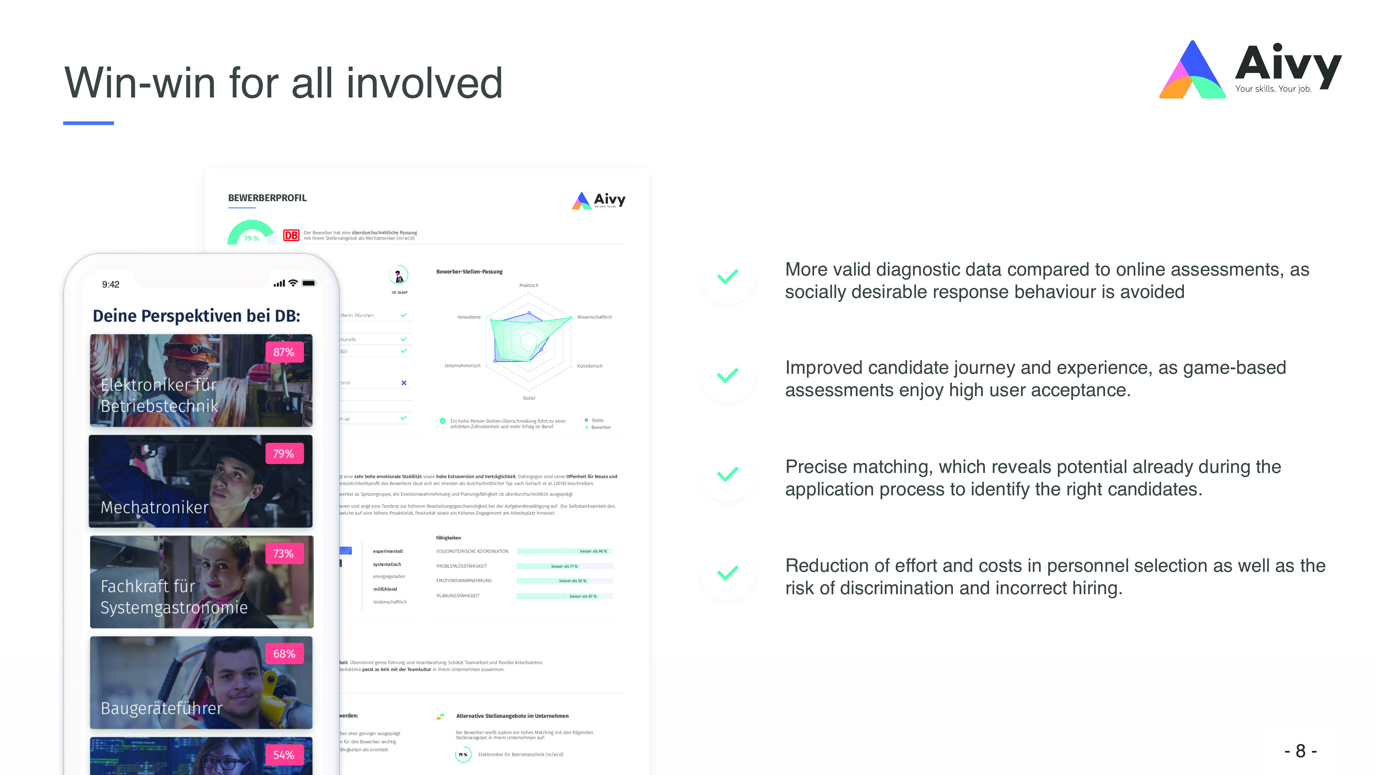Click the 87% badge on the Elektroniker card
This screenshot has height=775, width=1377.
pos(284,352)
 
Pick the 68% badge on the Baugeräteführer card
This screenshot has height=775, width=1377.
pos(284,654)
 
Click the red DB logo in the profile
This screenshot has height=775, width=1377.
pos(291,235)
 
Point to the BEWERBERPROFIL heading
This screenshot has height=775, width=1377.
pos(267,198)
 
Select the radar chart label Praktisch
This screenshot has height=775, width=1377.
pos(529,286)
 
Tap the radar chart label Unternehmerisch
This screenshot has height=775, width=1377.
pos(462,366)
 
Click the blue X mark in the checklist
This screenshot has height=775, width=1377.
pos(403,383)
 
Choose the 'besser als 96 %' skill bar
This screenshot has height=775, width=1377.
pos(565,551)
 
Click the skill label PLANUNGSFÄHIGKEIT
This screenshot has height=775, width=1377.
pos(458,596)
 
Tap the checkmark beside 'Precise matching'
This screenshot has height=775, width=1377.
pos(727,474)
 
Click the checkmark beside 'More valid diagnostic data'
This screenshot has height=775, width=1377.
pos(727,277)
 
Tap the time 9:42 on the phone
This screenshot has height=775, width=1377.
pos(111,285)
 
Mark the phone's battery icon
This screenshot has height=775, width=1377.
pos(309,283)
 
